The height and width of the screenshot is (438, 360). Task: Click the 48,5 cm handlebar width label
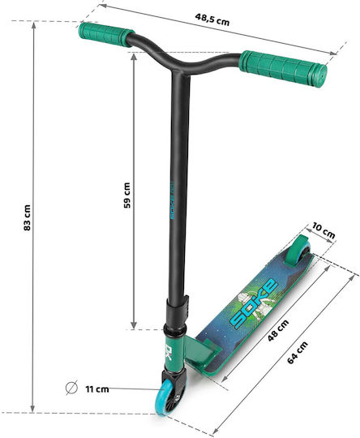point(212,19)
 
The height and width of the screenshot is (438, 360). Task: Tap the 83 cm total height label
point(27,217)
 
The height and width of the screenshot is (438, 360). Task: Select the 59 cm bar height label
point(127,195)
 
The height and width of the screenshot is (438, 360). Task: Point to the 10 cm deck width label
point(324,230)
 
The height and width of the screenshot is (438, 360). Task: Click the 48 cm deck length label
point(278,331)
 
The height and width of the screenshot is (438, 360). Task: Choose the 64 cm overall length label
point(298,353)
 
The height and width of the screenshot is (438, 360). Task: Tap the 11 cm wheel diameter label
point(97,389)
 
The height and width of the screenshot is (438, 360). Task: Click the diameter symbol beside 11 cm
point(71,388)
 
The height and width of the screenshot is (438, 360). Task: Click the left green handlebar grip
point(106,35)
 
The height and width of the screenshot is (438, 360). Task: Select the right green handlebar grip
point(283,69)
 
